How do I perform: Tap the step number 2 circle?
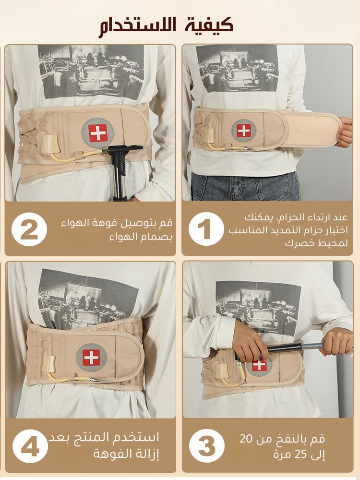pos(29,228)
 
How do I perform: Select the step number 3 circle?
pos(206,446)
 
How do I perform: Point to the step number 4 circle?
pos(30,446)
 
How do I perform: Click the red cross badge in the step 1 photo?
pos(244,131)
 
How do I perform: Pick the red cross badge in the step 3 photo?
pos(259,364)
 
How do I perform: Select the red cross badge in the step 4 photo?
pos(92,358)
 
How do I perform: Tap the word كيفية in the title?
pos(209,24)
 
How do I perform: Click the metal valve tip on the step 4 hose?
pos(95,380)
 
